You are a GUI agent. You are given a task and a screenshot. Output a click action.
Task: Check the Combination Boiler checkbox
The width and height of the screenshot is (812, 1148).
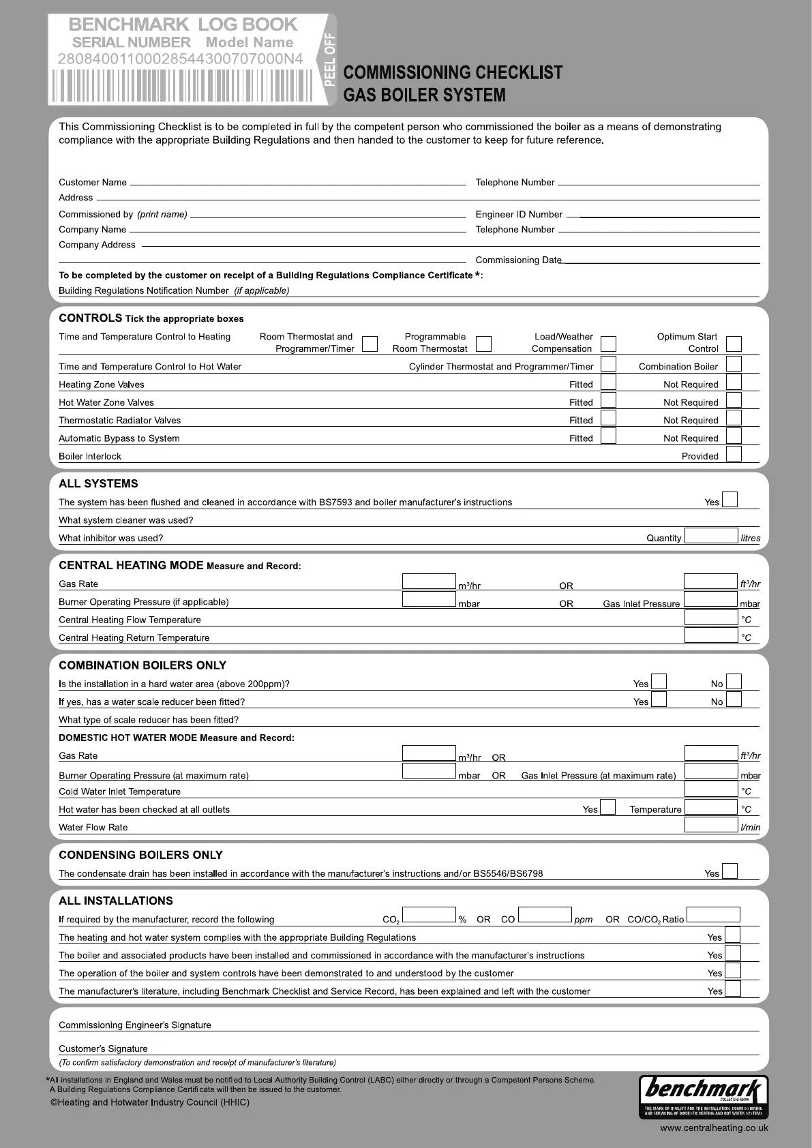coord(734,364)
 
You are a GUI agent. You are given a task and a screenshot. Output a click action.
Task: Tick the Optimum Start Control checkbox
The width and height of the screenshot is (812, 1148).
coord(734,343)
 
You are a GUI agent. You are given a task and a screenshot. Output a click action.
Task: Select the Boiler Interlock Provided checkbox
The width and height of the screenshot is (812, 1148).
coord(734,454)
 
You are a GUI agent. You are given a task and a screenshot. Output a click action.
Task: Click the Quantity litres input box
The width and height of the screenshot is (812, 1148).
coord(711,536)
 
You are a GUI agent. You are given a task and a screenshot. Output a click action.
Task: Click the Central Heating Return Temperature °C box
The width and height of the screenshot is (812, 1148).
coord(711,635)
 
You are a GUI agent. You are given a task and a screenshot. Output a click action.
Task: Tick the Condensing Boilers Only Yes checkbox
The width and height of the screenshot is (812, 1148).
coord(730,871)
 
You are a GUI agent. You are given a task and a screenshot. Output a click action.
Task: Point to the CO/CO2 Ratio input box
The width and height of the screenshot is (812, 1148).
coord(713,915)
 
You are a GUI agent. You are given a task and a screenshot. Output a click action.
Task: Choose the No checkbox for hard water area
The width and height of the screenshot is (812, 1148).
coord(734,682)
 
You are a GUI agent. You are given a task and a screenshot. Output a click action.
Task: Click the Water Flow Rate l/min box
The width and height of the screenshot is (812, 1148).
coord(711,825)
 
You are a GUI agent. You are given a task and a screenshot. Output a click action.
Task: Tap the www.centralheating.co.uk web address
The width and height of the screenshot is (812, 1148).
coord(714,1128)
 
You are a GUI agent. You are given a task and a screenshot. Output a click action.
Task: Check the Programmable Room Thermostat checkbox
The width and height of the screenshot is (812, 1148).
coord(483,343)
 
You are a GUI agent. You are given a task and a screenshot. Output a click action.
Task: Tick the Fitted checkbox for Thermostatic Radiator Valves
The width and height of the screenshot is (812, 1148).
coord(608,418)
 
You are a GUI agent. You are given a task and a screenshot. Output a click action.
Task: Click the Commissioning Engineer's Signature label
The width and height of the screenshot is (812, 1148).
coord(135,1025)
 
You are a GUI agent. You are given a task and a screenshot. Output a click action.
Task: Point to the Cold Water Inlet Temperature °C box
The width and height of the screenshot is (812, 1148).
coord(711,789)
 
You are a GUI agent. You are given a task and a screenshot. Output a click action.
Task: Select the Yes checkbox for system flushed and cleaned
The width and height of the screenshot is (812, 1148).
coord(730,500)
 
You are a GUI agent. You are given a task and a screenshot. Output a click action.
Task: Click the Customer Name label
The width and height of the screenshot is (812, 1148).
coord(93,183)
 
